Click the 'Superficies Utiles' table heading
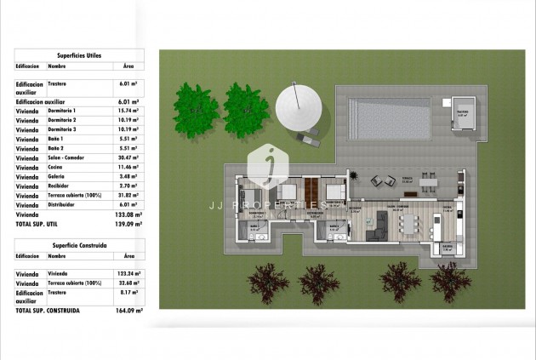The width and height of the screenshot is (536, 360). point(78,54)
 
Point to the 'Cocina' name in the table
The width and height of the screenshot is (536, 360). point(55,167)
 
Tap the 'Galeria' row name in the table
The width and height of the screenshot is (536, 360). point(56,176)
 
